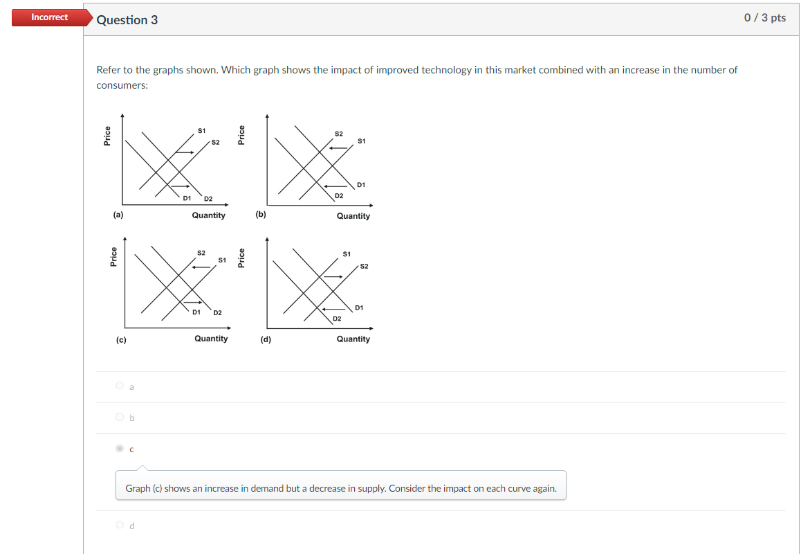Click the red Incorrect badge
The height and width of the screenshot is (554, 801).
[49, 17]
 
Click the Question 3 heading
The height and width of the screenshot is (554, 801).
[127, 20]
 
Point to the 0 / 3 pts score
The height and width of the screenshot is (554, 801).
[764, 18]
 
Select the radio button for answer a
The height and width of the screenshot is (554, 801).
[120, 386]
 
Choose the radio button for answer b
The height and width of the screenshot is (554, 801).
[120, 417]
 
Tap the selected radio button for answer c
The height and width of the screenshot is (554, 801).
[120, 449]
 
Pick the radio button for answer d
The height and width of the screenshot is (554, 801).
[120, 525]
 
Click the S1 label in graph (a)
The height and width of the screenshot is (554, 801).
[201, 130]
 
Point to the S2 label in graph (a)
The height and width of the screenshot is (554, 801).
[216, 142]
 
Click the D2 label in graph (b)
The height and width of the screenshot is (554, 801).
[338, 196]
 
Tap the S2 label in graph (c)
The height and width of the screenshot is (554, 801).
[201, 252]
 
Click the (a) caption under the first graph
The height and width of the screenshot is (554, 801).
[118, 215]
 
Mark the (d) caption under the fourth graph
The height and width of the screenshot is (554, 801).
[266, 339]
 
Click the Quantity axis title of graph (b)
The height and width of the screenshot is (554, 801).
[353, 216]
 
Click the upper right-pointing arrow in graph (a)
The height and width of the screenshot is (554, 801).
[185, 152]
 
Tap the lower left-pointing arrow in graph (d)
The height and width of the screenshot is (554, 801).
[334, 309]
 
